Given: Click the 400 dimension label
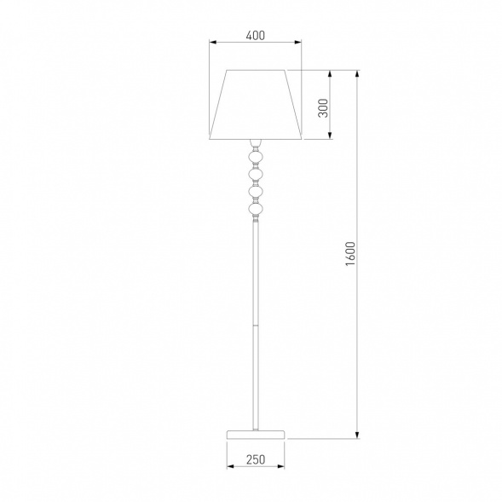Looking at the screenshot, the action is [256, 35].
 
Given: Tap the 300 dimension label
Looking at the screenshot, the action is [324, 108].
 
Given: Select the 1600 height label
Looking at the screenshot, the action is [351, 254].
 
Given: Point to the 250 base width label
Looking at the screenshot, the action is [256, 459].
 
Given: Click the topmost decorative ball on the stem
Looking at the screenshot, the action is [256, 158].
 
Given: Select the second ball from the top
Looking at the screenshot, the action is [256, 175].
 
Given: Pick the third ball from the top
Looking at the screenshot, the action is [256, 192].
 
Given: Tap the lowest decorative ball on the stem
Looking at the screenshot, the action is [256, 209].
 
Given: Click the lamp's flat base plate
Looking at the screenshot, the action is [256, 435].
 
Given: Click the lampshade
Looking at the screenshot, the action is [256, 105].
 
